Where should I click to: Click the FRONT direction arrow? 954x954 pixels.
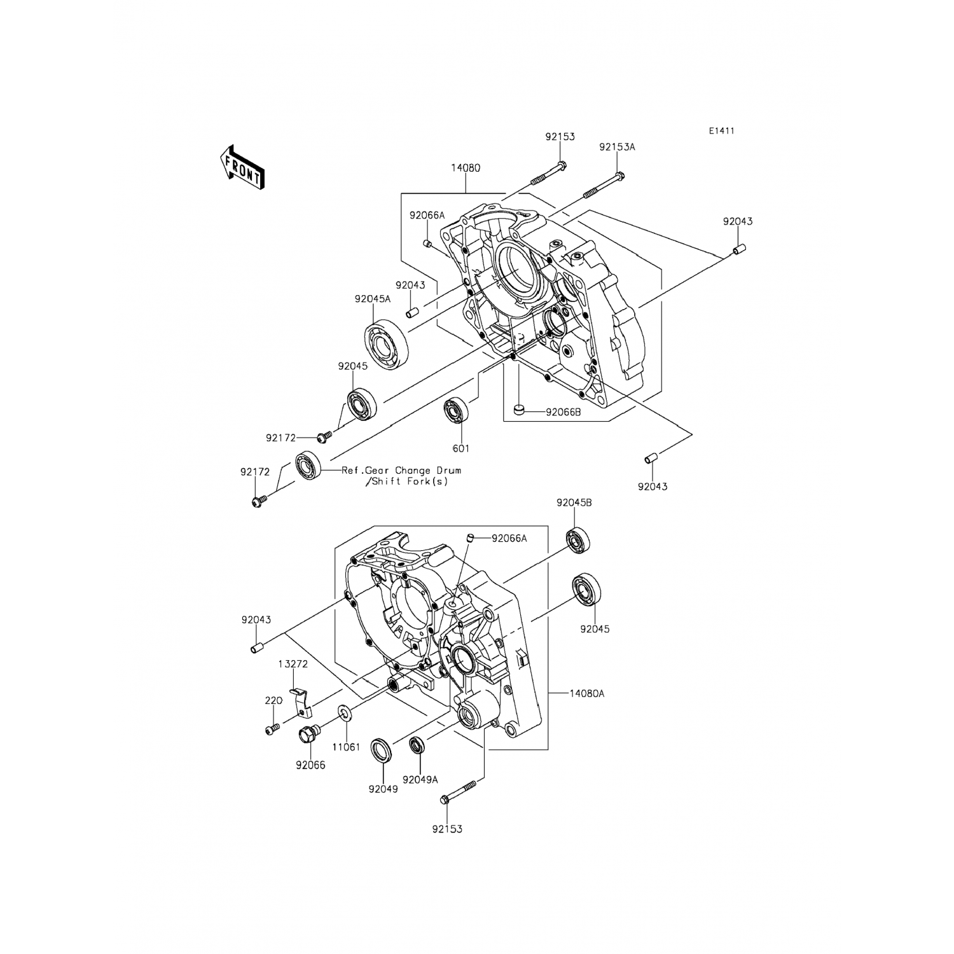[x=241, y=167]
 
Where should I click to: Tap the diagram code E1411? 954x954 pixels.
[x=722, y=131]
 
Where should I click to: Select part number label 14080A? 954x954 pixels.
[x=587, y=694]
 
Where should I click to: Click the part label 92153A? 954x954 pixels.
[x=617, y=147]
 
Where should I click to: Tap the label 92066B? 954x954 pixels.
[x=563, y=411]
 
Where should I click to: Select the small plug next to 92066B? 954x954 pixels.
[x=520, y=410]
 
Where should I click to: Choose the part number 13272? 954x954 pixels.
[x=293, y=664]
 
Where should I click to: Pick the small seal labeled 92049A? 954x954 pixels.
[x=418, y=744]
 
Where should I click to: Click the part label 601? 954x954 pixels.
[x=460, y=448]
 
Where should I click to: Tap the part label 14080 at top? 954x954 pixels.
[x=466, y=169]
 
